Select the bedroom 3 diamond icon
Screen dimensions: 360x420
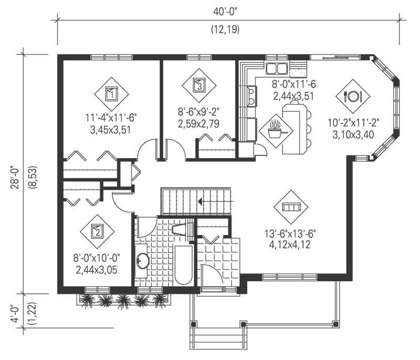tap(198, 84)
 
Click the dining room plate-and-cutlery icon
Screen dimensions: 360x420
tap(353, 96)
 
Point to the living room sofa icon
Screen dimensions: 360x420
tap(291, 207)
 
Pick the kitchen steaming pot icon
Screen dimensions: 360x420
tap(276, 129)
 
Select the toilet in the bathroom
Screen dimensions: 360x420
tap(180, 229)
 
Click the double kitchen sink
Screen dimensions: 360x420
tap(276, 68)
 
